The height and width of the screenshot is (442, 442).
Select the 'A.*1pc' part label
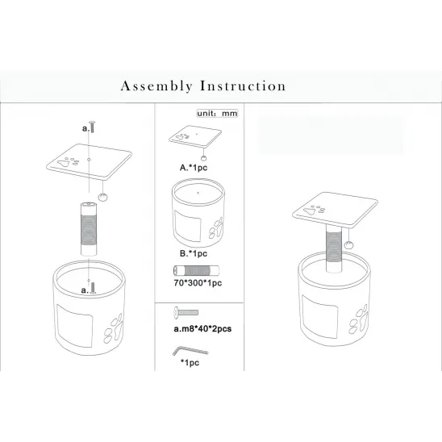pos(194,168)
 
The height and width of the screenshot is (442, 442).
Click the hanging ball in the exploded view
pos(103,195)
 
